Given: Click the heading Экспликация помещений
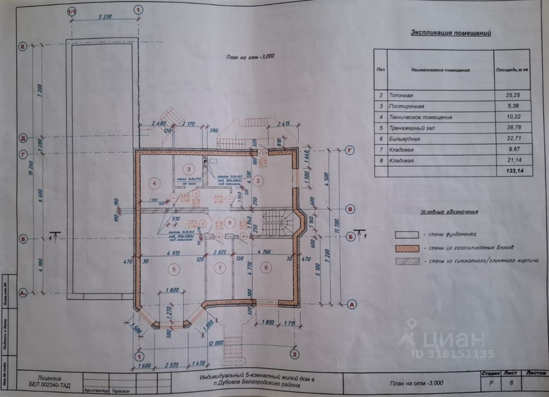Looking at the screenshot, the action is click(x=451, y=33).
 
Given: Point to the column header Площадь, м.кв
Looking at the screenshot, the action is click(x=513, y=70).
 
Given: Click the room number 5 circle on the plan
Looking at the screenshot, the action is click(x=175, y=269).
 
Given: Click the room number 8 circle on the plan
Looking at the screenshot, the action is click(x=229, y=221).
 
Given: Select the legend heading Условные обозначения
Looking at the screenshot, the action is click(x=449, y=212).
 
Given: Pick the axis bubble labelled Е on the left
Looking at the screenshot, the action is click(x=21, y=45).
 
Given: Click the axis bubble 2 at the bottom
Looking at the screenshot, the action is click(x=295, y=353).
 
